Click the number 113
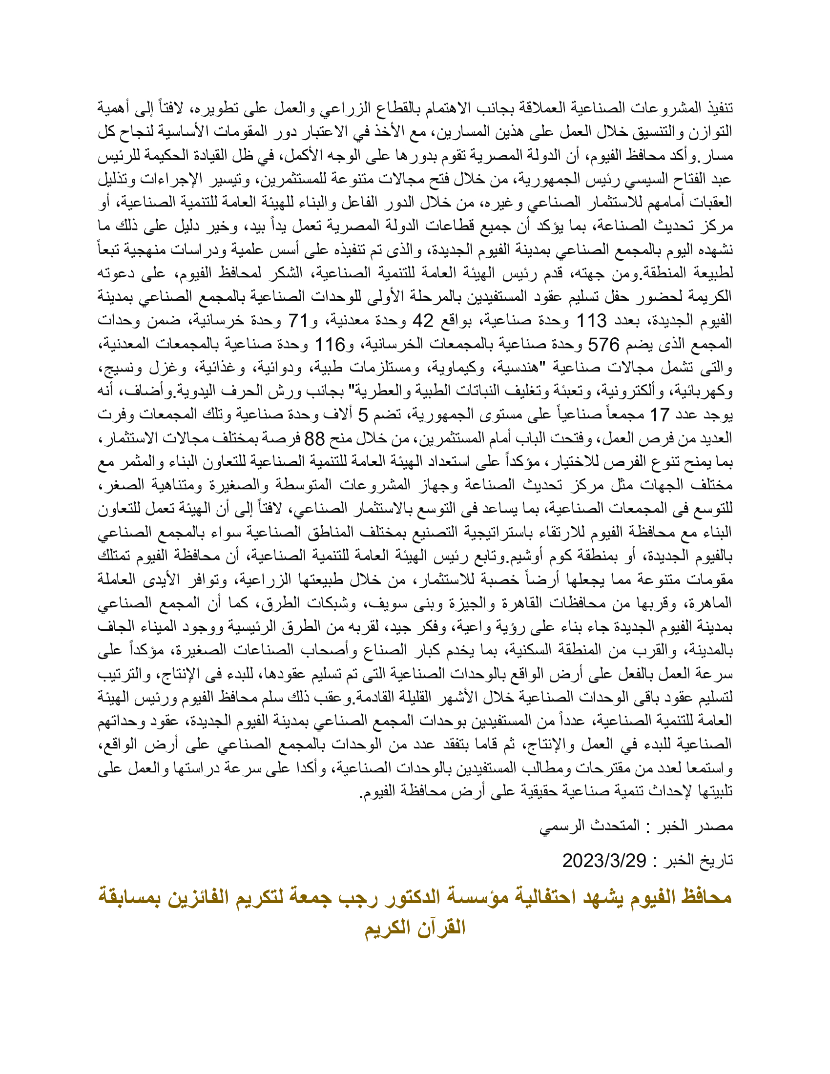pos(592,321)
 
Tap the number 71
pos(297,321)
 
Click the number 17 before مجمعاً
pos(660,415)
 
